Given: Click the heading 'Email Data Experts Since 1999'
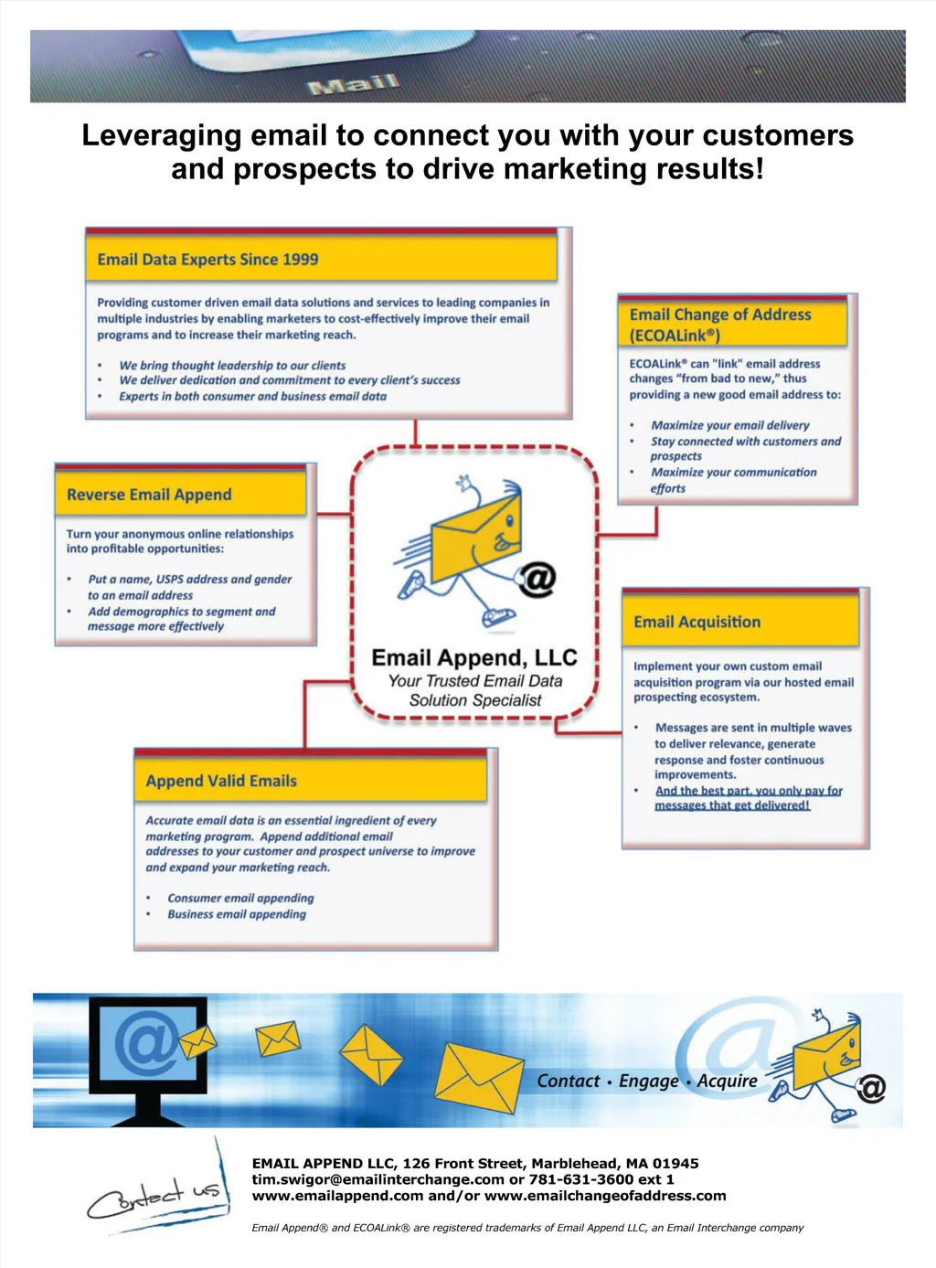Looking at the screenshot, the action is pyautogui.click(x=207, y=260).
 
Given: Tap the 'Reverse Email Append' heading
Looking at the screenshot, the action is pyautogui.click(x=149, y=495).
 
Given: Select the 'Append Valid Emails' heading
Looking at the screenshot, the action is pyautogui.click(x=221, y=781).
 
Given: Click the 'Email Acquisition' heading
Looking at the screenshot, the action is pyautogui.click(x=697, y=622).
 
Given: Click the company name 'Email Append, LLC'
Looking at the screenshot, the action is pyautogui.click(x=474, y=658).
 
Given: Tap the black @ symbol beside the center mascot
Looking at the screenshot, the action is pyautogui.click(x=537, y=579).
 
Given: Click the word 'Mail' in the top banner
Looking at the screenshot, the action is pyautogui.click(x=354, y=85).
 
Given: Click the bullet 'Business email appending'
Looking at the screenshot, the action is pyautogui.click(x=237, y=914).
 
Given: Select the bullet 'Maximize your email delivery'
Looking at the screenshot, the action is pyautogui.click(x=730, y=425).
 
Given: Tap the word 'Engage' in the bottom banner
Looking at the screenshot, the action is pyautogui.click(x=649, y=1082).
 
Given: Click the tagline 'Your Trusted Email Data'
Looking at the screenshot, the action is pyautogui.click(x=475, y=681).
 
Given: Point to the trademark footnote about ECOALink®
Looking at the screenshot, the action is pyautogui.click(x=527, y=1228).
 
